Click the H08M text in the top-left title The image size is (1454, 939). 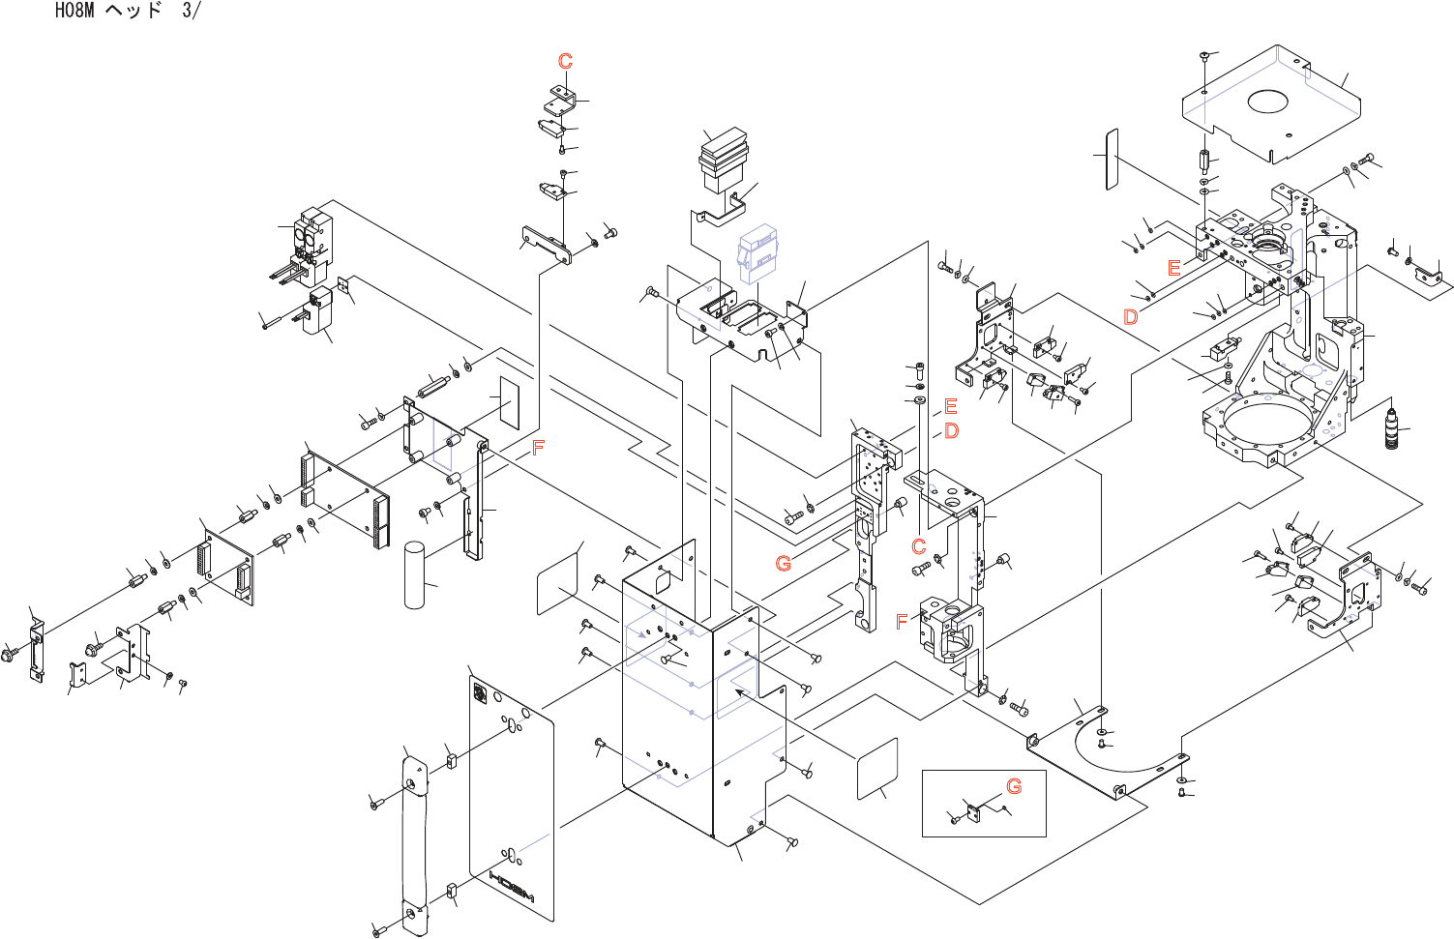pos(74,11)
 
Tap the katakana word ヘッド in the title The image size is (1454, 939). pos(134,11)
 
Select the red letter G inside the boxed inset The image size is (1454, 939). pos(1014,786)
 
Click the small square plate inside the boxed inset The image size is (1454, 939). pos(974,812)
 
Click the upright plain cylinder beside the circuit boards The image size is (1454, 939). pos(414,575)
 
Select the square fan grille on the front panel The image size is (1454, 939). pos(480,691)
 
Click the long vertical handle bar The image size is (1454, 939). pos(413,843)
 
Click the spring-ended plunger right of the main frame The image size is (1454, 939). pos(1392,429)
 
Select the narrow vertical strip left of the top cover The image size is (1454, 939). pos(1112,159)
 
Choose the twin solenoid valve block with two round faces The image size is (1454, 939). pos(312,237)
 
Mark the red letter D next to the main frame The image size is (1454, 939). pos(1130,316)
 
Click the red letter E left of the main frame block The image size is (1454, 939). pos(1173,267)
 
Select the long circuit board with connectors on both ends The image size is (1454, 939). pos(344,494)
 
